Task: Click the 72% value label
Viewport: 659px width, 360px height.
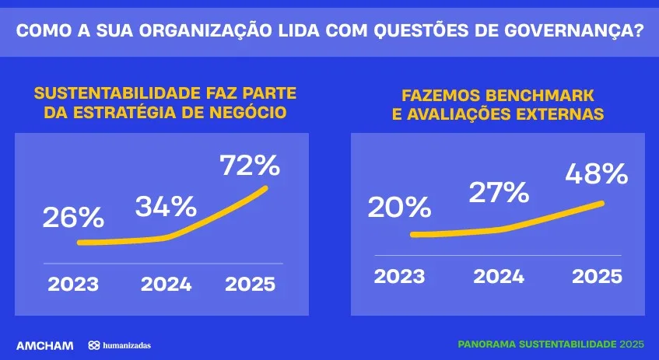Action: click(249, 165)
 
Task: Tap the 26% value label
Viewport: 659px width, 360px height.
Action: click(73, 218)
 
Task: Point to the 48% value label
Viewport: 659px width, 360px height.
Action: click(597, 173)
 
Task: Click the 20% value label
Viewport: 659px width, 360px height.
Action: click(399, 208)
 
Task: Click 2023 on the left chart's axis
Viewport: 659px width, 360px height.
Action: click(73, 284)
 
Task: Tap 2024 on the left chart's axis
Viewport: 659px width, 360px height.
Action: click(166, 284)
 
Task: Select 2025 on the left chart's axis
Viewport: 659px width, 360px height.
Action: click(250, 284)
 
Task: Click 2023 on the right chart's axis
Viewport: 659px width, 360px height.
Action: click(399, 276)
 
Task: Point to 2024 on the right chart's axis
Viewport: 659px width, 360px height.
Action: click(499, 276)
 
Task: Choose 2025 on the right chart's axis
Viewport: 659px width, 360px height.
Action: click(597, 276)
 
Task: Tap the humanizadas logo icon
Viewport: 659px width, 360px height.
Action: click(93, 344)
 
